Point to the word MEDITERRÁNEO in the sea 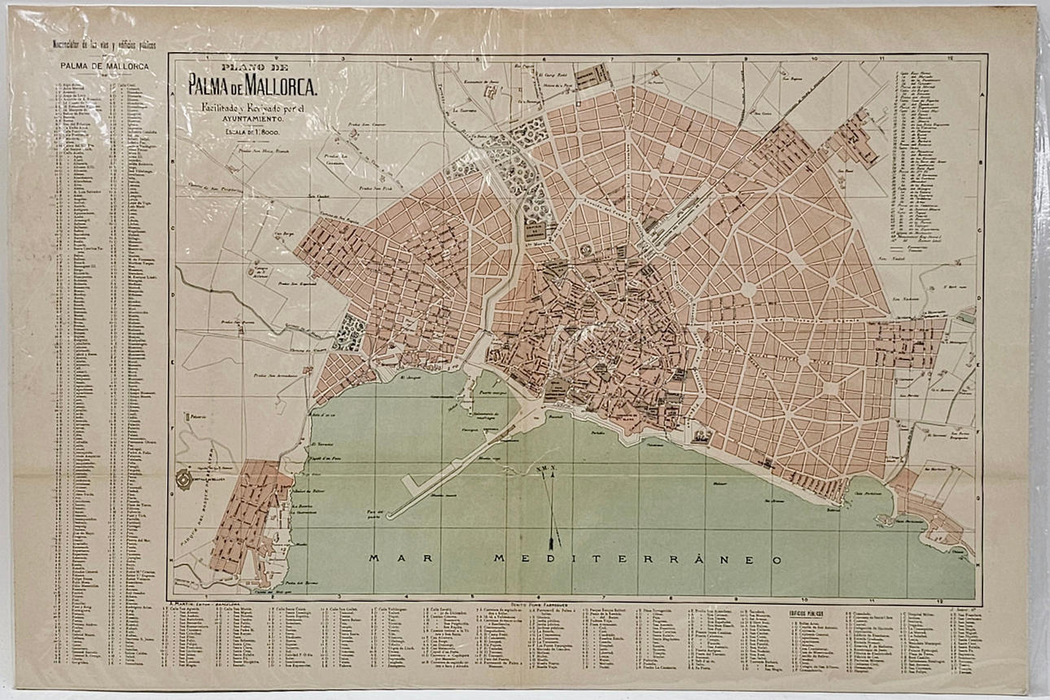[638, 559]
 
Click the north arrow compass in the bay [554, 505]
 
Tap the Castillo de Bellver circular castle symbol [186, 481]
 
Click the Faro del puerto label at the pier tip [375, 511]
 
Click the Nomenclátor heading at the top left [104, 42]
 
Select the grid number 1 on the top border [208, 59]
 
